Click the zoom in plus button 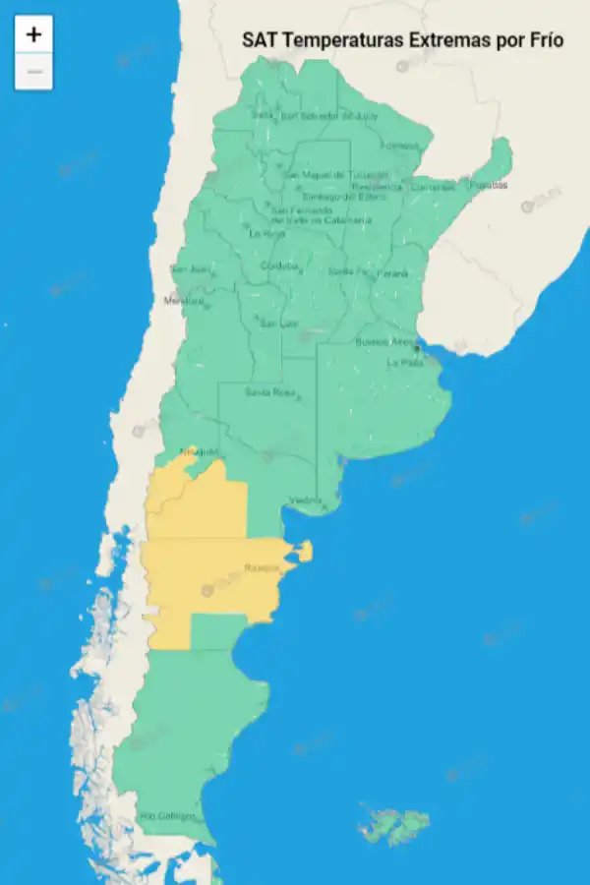point(33,34)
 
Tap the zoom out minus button point(33,72)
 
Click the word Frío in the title point(546,40)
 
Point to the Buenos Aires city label point(384,342)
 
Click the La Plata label point(403,362)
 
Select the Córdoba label point(278,266)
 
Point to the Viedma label point(305,501)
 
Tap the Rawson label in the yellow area point(261,567)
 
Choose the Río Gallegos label point(167,816)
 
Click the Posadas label point(488,184)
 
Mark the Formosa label point(400,146)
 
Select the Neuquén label point(198,452)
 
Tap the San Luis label point(276,323)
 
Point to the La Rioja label point(266,234)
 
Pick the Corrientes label point(433,187)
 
